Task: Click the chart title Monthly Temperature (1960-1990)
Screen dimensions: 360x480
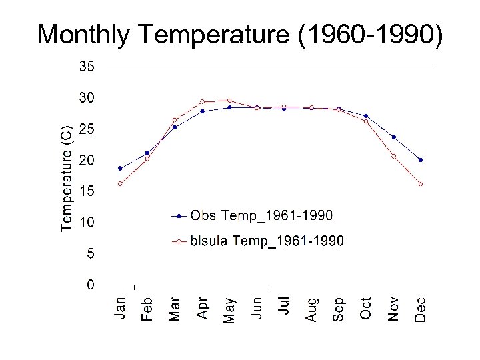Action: click(239, 35)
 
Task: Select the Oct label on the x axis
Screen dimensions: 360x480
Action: click(366, 307)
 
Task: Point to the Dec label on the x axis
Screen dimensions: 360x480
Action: click(421, 308)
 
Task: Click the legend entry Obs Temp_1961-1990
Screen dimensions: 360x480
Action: click(261, 215)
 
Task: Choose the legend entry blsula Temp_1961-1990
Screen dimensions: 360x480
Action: click(267, 241)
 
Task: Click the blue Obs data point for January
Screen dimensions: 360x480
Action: click(120, 168)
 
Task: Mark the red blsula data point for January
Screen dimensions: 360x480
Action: click(120, 184)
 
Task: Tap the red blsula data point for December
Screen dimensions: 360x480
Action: click(421, 184)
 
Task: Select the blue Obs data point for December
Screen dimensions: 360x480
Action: click(421, 160)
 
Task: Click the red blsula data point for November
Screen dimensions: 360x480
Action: click(393, 156)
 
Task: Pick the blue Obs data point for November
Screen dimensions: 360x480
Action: click(393, 137)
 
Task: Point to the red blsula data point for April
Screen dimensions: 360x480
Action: click(202, 101)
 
